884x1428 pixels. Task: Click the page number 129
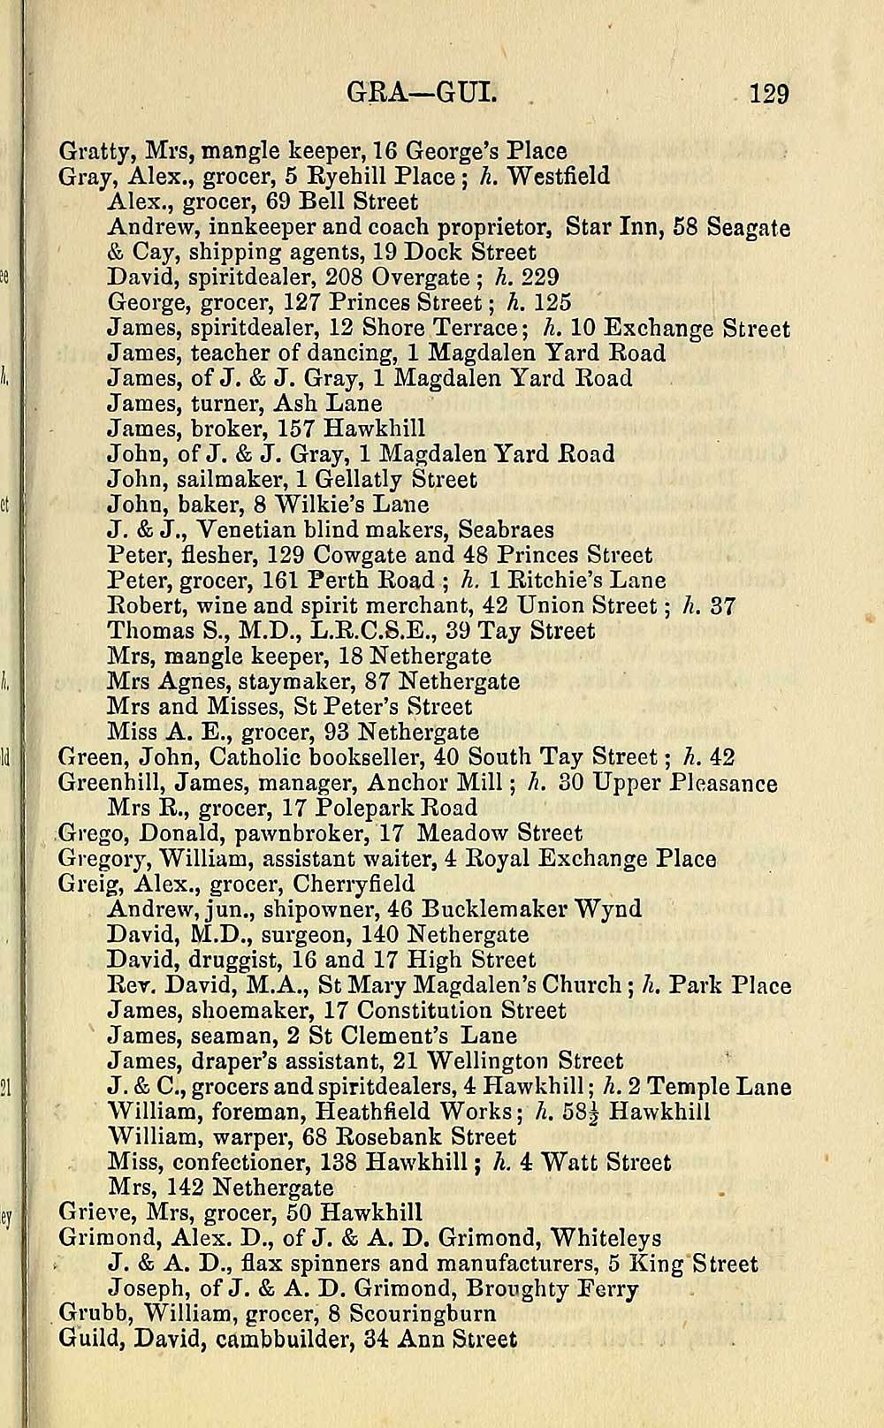tap(768, 93)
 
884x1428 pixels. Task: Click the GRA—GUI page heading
tap(423, 92)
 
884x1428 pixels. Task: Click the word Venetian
tap(245, 530)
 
